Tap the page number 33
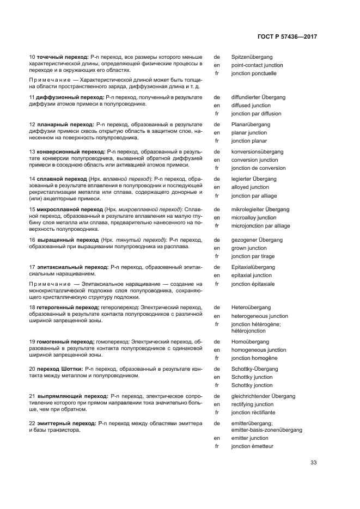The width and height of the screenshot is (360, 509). [x=314, y=463]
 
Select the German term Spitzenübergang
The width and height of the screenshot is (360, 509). [x=252, y=57]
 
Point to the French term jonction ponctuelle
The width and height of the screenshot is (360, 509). [x=254, y=73]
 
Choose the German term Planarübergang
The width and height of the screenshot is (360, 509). [x=251, y=124]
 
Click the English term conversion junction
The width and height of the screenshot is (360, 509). [x=254, y=160]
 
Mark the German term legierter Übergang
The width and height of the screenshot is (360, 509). [x=254, y=179]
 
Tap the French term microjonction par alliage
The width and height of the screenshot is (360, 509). [x=260, y=225]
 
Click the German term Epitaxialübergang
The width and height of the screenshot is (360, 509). [x=253, y=267]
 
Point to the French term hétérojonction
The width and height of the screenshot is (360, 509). [x=248, y=330]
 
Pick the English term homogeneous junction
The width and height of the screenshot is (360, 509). [x=259, y=350]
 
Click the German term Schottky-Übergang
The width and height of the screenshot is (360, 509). [x=254, y=369]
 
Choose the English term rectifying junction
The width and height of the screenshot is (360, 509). [x=252, y=404]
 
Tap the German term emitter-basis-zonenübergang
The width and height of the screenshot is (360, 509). [x=266, y=430]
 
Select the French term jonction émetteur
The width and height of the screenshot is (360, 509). [x=252, y=446]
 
